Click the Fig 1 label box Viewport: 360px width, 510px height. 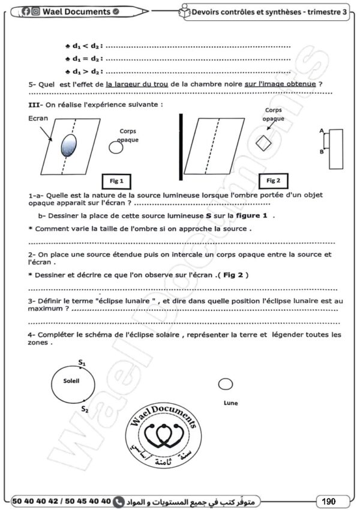click(116, 181)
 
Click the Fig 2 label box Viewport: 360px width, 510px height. click(273, 181)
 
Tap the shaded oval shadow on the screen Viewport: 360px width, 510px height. click(69, 145)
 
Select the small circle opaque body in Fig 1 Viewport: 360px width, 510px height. click(116, 148)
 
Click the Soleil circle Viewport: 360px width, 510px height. click(52, 385)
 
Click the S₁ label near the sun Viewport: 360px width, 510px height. click(82, 362)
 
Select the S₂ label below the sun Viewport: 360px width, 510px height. click(85, 409)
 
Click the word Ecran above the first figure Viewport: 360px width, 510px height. click(38, 118)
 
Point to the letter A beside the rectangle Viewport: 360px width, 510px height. click(322, 131)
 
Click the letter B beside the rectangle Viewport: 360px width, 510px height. click(322, 152)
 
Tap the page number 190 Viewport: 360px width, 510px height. click(329, 501)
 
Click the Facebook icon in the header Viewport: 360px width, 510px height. click(26, 12)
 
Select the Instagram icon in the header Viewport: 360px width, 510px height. click(36, 12)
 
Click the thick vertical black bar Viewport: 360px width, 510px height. click(181, 146)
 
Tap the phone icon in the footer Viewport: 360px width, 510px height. click(119, 501)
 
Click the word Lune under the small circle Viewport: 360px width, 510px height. click(230, 403)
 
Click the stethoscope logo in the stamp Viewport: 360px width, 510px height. click(164, 436)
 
